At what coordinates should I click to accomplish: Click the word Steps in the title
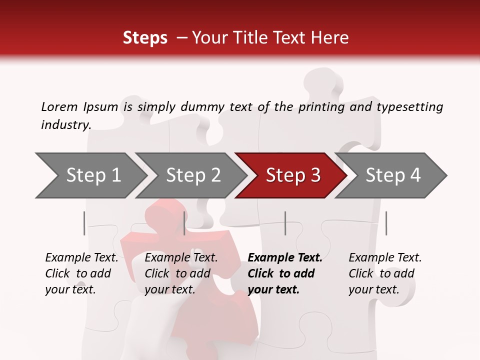pos(145,38)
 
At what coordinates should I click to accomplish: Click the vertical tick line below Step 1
pos(84,223)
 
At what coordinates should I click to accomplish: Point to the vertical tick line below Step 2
pos(185,223)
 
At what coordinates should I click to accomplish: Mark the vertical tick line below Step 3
pos(285,223)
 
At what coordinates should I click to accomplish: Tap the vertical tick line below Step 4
pos(386,223)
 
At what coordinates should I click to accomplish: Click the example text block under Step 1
pos(81,273)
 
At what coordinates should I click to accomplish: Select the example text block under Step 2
pos(181,273)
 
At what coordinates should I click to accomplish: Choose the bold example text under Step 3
pos(284,273)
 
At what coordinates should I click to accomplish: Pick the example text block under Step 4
pos(384,273)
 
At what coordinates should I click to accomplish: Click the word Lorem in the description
pos(59,107)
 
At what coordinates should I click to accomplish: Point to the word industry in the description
pos(65,125)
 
